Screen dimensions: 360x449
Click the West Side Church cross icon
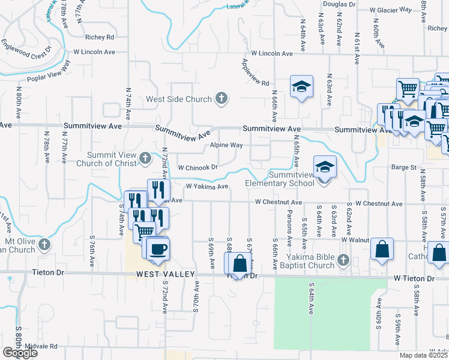(221, 98)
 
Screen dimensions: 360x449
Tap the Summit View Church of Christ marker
(145, 158)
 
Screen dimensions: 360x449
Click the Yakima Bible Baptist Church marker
(343, 260)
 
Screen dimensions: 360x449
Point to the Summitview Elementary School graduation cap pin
(324, 167)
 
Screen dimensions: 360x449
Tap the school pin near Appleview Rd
(301, 86)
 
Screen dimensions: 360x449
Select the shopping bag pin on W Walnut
(382, 249)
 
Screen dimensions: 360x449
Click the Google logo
(20, 353)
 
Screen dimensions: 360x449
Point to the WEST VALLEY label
(166, 274)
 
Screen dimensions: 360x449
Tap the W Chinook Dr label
(197, 167)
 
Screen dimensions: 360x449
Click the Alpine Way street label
(226, 145)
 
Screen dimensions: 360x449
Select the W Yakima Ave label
(207, 187)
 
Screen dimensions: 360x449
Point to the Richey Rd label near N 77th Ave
(100, 37)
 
